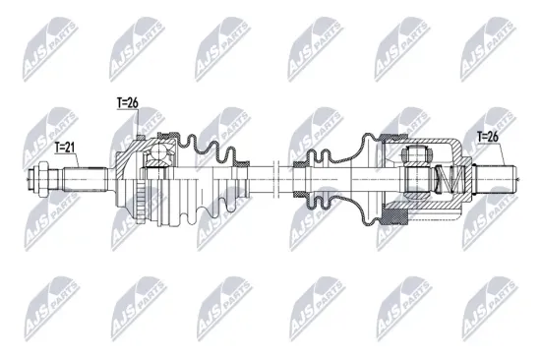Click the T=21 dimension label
pos(63,148)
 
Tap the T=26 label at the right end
pos(488,138)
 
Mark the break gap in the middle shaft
pos(279,180)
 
